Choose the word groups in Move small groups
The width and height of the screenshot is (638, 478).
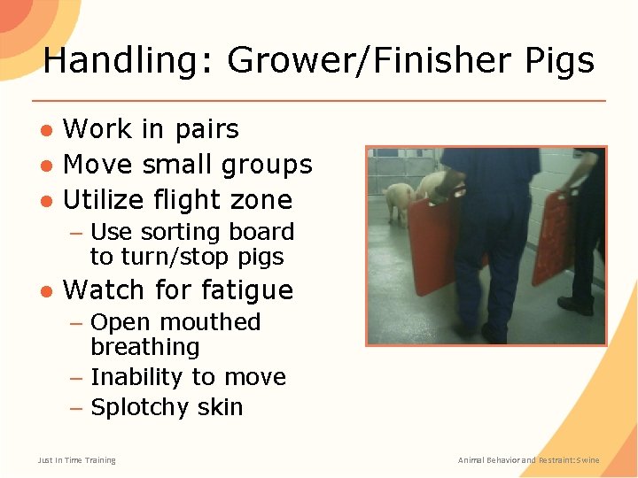[x=269, y=165]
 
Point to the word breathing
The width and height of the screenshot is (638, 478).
[x=144, y=347]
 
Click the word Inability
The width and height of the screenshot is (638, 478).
[x=137, y=377]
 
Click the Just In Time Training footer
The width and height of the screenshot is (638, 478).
[x=76, y=459]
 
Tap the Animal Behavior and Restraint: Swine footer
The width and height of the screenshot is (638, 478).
[x=528, y=459]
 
